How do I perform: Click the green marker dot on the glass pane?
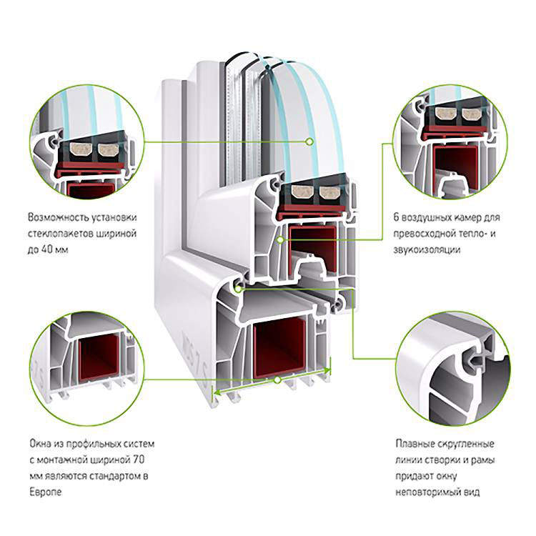(309, 142)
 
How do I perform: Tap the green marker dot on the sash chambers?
(280, 240)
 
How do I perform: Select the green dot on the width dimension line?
(277, 379)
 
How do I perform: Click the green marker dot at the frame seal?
(238, 289)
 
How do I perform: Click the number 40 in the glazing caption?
(47, 249)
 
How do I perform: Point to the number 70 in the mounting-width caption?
(138, 460)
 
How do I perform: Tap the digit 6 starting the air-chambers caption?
(396, 217)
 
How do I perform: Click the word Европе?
(46, 492)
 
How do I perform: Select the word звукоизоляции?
(427, 250)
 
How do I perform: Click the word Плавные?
(412, 444)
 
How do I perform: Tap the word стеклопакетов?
(60, 234)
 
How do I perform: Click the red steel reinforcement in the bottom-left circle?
(99, 359)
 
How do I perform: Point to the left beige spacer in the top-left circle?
(79, 149)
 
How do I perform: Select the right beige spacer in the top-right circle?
(471, 114)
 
